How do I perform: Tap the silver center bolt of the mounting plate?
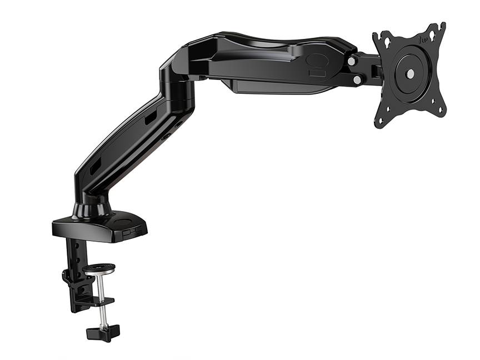[409, 73]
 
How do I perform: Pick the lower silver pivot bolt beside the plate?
[357, 81]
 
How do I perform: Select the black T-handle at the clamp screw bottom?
[103, 332]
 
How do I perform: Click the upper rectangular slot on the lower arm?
[150, 117]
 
